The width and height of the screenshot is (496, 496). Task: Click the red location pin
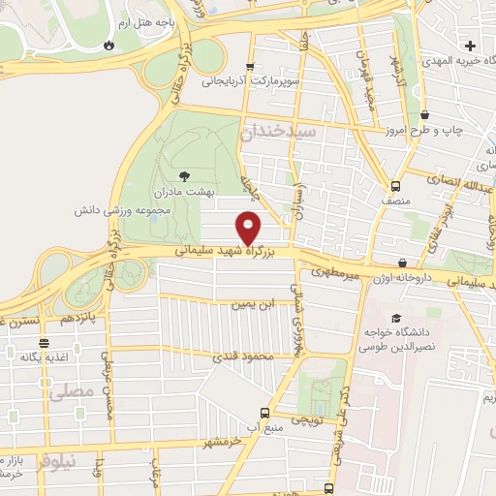pos(249,227)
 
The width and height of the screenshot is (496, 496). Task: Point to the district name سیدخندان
pos(278,129)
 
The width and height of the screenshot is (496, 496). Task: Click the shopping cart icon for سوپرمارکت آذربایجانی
pos(250,67)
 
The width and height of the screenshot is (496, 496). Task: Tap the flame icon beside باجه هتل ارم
pos(108,45)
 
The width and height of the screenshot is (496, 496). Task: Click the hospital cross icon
pos(471,46)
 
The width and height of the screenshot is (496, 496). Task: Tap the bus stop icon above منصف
pos(395,187)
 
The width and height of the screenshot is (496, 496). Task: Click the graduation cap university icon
pos(394,318)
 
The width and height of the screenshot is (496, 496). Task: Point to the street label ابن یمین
pos(252,304)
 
